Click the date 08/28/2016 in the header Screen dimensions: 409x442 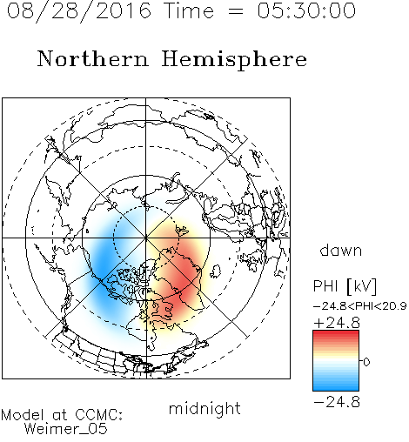(79, 11)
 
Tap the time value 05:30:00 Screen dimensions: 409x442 (306, 10)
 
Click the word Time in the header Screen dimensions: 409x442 (189, 10)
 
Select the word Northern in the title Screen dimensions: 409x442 (93, 59)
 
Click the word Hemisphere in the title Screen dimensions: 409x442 (234, 60)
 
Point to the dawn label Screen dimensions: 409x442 (341, 250)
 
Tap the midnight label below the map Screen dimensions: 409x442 (204, 409)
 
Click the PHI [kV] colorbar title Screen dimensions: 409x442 (345, 286)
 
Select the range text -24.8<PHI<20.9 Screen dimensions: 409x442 (359, 306)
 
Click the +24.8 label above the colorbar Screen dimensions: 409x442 (337, 323)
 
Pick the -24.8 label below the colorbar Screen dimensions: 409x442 (337, 402)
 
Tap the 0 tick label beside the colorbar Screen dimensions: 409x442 (366, 362)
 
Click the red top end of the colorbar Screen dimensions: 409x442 (336, 333)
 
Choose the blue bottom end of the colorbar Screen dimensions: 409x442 (336, 388)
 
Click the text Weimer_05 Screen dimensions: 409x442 (65, 429)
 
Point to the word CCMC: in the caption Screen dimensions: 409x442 (99, 415)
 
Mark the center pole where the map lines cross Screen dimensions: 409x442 (146, 238)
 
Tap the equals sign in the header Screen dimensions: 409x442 (236, 11)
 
